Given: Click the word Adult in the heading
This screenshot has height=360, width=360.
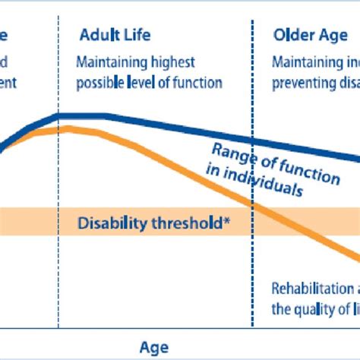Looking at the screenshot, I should tap(99, 35).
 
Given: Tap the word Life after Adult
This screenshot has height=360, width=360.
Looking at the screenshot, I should tap(137, 35).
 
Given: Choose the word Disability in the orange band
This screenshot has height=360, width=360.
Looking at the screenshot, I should tap(107, 223).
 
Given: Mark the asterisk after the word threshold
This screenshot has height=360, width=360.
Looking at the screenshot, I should tap(227, 221).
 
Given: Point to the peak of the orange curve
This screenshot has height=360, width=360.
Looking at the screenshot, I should tap(67, 128).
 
